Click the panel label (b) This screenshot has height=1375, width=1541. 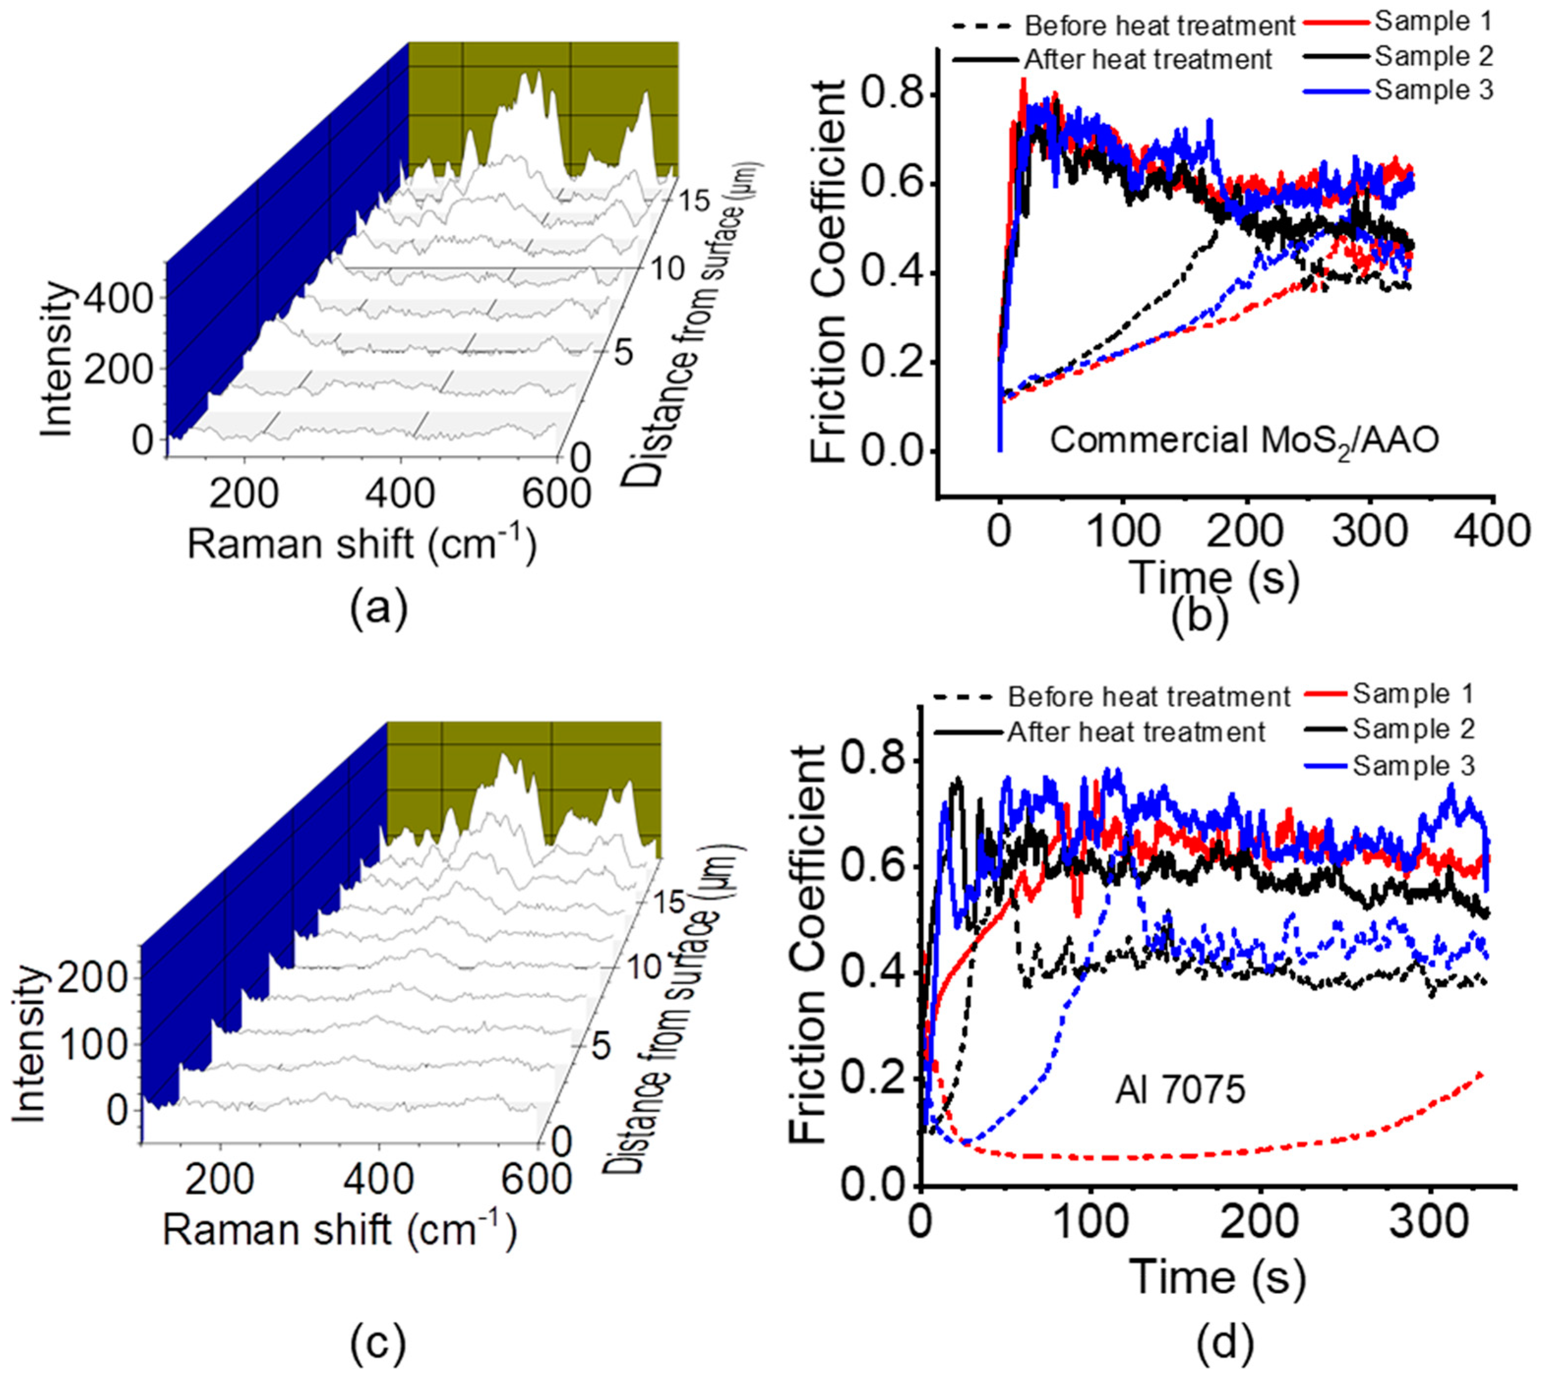[x=1200, y=616]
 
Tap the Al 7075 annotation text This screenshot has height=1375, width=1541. [x=1180, y=1091]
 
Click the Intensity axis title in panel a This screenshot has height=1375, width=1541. [x=57, y=359]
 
